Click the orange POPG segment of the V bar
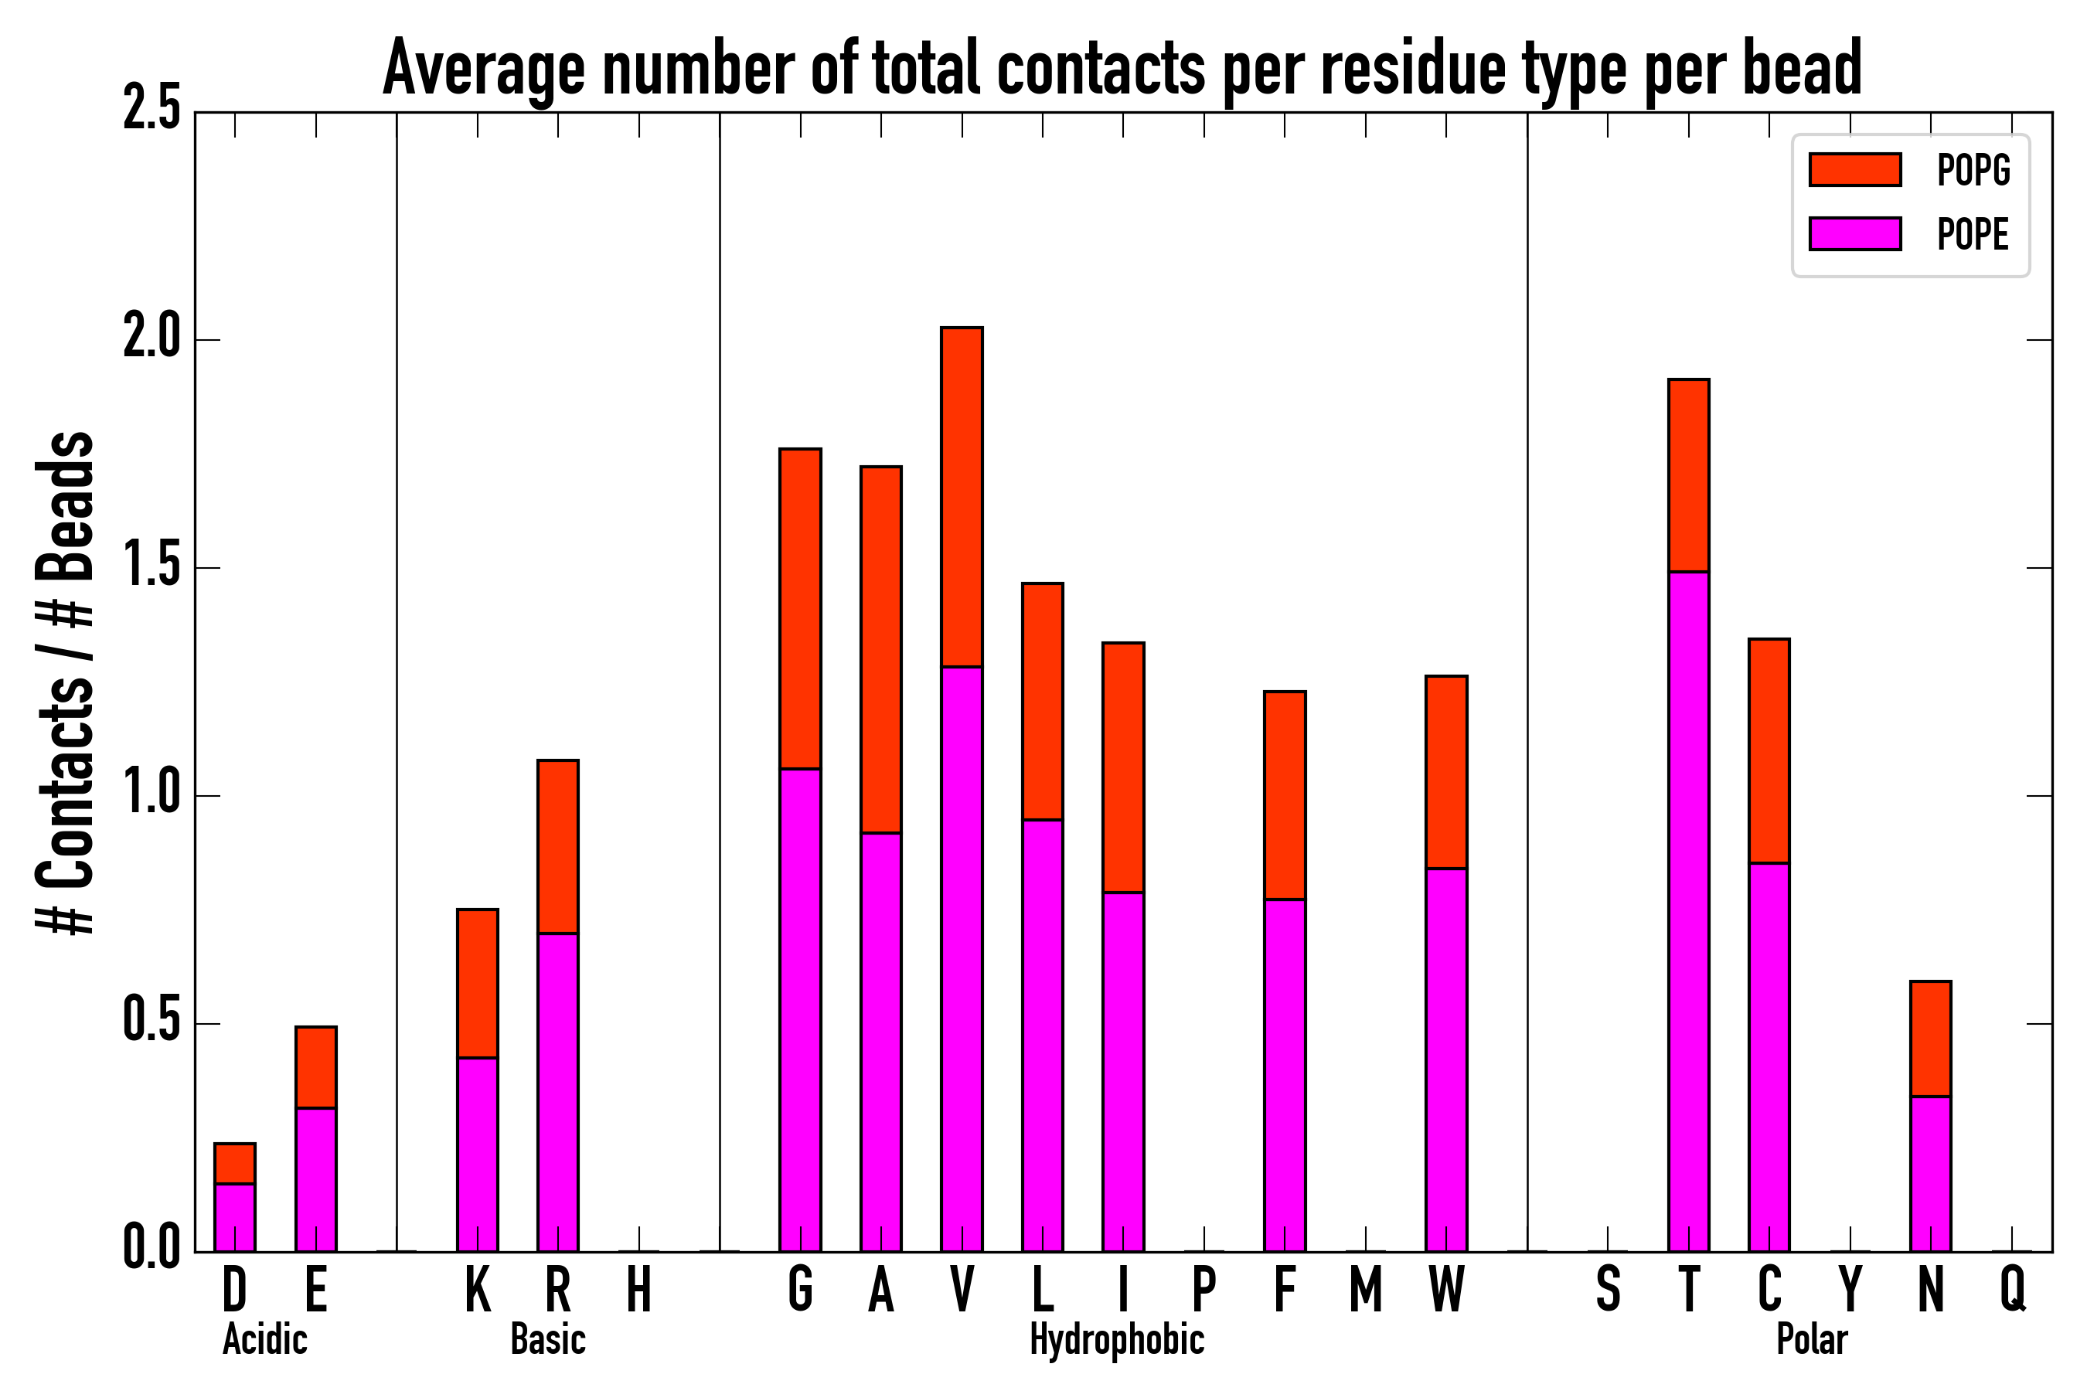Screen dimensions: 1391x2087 click(962, 497)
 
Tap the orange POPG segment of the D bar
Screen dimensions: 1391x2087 click(235, 1163)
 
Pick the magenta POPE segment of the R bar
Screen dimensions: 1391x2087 click(558, 1092)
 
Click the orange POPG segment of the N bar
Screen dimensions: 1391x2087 click(1931, 1039)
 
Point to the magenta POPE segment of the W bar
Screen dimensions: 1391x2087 click(1446, 1060)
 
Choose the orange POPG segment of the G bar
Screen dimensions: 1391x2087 click(800, 609)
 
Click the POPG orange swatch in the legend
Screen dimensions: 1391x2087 click(1854, 169)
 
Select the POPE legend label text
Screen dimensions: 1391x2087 click(1973, 234)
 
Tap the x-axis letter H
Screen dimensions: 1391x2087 click(639, 1289)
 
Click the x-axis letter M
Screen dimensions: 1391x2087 click(1366, 1289)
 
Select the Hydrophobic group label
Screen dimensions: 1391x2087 click(1116, 1339)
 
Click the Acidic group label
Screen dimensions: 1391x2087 click(264, 1339)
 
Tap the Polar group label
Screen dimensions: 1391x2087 click(1812, 1339)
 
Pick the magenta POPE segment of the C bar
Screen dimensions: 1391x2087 click(1769, 1056)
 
